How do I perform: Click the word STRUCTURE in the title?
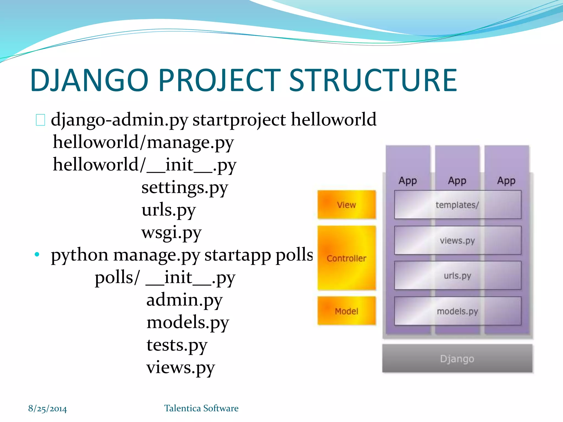coord(373,80)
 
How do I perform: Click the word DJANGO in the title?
coord(89,80)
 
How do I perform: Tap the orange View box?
coord(346,205)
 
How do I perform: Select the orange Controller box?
coord(346,258)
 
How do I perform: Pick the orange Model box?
coord(346,311)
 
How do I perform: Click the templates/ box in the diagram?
coord(457,205)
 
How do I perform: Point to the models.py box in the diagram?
coord(457,311)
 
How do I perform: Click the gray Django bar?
coord(457,359)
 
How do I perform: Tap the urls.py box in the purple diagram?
coord(457,276)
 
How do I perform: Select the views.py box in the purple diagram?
coord(457,240)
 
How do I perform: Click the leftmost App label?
coord(408,181)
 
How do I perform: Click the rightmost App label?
coord(506,181)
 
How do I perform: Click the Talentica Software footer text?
coord(201,408)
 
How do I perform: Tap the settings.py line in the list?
coord(184,188)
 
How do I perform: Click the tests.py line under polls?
coord(177,345)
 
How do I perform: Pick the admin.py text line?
coord(184,300)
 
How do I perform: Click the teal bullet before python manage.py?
coord(37,254)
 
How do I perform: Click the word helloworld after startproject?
coord(333,120)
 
